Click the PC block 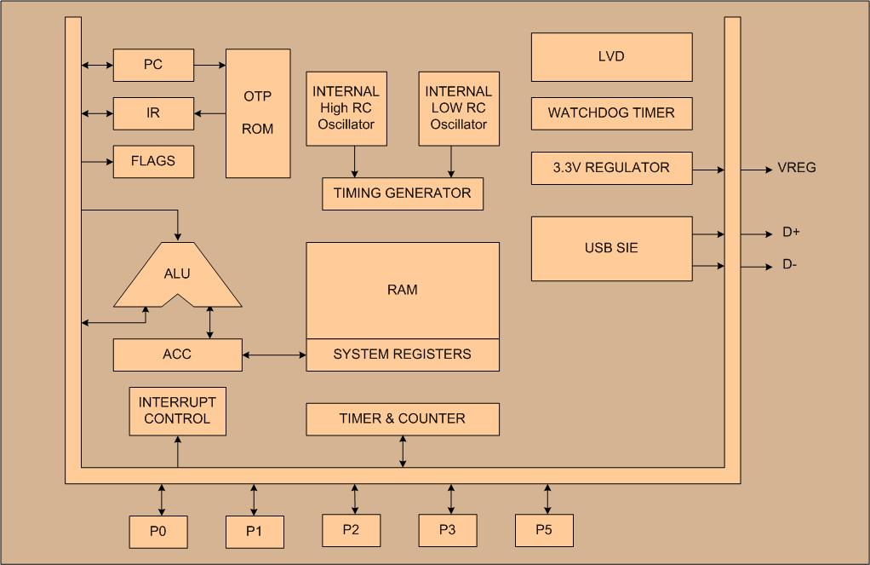(153, 65)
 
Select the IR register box (153, 112)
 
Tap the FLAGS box (153, 161)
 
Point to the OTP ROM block (258, 113)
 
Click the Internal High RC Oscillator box (346, 108)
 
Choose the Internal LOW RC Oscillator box (459, 108)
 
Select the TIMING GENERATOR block (403, 193)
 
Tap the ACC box (177, 355)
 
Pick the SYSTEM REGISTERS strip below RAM (403, 355)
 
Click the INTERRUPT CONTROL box (177, 411)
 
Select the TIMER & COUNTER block (403, 419)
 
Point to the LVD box (611, 57)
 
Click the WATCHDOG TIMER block (611, 113)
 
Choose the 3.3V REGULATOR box (611, 168)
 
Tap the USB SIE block (611, 249)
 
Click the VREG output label (797, 168)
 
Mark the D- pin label (791, 265)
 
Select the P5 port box (544, 530)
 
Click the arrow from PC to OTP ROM (209, 65)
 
